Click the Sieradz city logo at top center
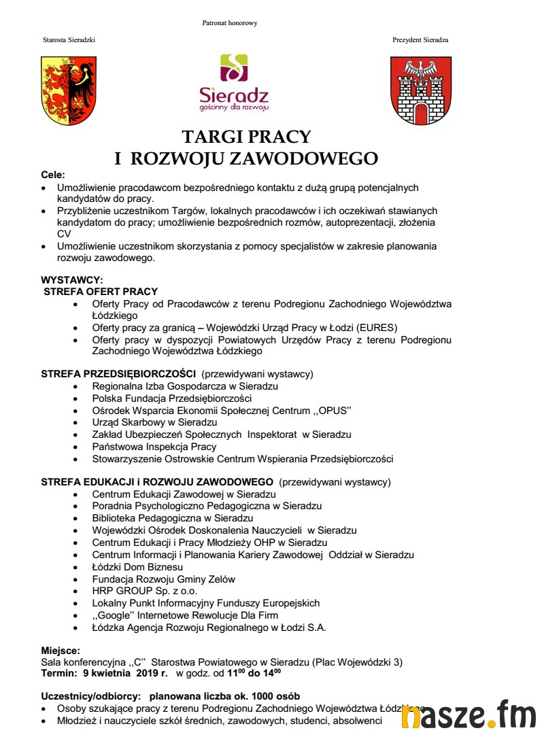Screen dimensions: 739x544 point(234,82)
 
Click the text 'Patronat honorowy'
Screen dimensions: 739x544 point(230,23)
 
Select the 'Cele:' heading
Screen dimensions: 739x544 point(53,175)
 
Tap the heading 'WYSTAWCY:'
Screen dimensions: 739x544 point(72,279)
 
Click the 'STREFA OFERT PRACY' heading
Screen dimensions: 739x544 point(101,291)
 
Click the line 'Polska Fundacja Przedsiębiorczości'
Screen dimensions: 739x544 point(172,398)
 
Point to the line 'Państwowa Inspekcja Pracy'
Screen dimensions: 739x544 point(154,447)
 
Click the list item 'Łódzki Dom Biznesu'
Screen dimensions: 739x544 point(137,567)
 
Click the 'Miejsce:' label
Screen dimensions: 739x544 point(61,651)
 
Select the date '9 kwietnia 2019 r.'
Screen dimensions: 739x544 point(126,674)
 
